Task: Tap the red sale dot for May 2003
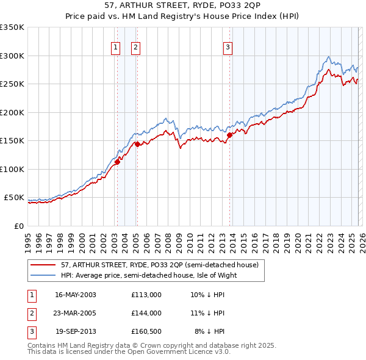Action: [117, 162]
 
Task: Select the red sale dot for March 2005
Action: [137, 145]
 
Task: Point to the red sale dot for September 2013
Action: [229, 135]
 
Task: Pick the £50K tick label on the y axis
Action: [14, 198]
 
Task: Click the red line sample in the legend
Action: [43, 265]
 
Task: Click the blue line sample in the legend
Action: [43, 275]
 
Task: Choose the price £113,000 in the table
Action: [146, 295]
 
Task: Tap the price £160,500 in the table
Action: [146, 331]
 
